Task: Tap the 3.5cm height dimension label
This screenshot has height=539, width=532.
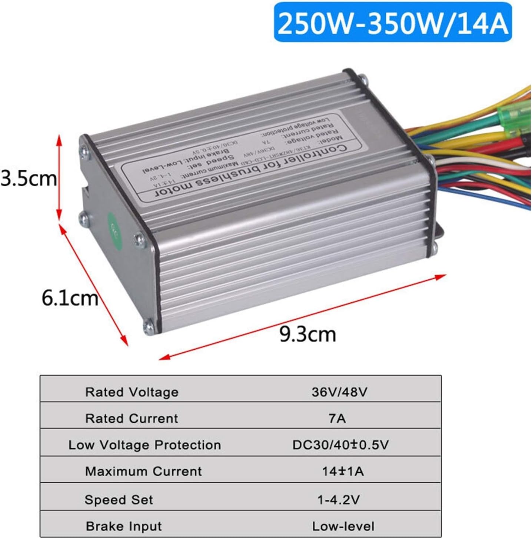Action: coord(29,178)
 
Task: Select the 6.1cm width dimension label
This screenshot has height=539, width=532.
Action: coord(70,298)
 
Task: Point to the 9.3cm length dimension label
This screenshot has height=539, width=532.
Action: coord(307,334)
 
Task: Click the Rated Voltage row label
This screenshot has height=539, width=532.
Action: coord(132,392)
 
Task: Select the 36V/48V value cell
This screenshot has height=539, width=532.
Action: coord(339,392)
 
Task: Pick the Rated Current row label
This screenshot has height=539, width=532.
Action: coord(132,419)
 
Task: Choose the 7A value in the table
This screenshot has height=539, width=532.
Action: coord(337,419)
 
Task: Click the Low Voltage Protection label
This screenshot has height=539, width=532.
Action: coord(144,445)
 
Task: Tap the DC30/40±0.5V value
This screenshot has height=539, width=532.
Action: coord(340,445)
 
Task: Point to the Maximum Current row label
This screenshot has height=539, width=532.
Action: coord(143,472)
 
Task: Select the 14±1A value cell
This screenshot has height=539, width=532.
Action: coord(343,472)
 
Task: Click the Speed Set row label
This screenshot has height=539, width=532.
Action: coord(119,500)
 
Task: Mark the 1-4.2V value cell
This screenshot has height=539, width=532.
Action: coord(338,500)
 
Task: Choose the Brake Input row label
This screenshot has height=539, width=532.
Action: coord(124,526)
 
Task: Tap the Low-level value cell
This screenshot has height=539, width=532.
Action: coord(343,526)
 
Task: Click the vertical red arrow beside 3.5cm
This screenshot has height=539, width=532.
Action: coord(59,178)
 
